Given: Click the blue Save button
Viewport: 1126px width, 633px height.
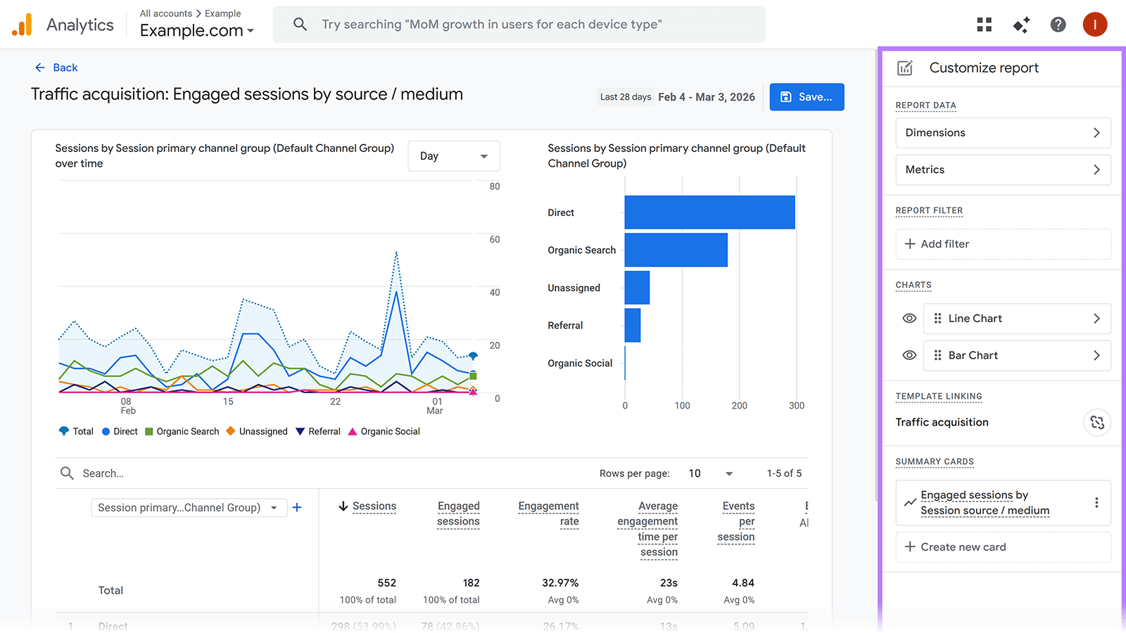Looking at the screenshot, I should [x=806, y=97].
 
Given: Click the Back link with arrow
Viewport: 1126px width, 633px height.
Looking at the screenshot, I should [x=56, y=68].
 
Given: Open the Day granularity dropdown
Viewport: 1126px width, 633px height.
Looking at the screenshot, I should [x=453, y=156].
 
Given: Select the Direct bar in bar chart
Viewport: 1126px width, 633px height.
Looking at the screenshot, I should [x=709, y=212].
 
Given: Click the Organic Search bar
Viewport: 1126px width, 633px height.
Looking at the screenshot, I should [x=676, y=250].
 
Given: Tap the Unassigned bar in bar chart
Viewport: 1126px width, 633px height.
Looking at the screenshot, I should [x=637, y=288].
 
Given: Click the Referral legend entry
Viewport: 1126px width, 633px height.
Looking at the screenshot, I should [x=318, y=431].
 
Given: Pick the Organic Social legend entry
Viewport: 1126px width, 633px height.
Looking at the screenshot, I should [x=384, y=431].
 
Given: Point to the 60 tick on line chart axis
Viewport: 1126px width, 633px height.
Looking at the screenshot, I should [x=495, y=240].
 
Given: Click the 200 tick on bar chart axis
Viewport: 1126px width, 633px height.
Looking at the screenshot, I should [x=739, y=406].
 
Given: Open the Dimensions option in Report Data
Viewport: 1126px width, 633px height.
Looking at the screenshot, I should [x=1003, y=133].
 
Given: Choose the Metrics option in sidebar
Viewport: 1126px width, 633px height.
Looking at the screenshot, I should [x=1003, y=170].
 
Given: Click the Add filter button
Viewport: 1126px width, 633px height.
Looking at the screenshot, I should [x=1003, y=244].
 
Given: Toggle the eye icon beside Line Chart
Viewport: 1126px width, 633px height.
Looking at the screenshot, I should [x=909, y=319].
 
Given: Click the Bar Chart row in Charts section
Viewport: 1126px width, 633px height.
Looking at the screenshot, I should [x=1017, y=356].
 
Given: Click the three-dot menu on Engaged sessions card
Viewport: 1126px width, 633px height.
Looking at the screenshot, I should [x=1096, y=502].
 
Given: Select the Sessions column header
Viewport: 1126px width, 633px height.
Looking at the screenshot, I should [x=374, y=506].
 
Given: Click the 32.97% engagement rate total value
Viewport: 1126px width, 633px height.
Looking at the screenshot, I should [x=560, y=583].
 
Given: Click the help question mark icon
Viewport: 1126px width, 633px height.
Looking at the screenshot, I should [x=1058, y=25].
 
